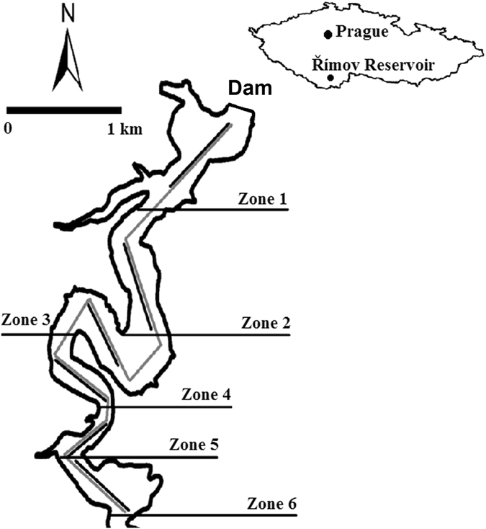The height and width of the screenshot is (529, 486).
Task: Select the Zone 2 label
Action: pos(266,324)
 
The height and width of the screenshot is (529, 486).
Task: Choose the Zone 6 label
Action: pos(271,503)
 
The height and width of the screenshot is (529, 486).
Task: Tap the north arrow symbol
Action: pos(68,61)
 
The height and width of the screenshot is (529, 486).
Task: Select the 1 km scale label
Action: pos(125,130)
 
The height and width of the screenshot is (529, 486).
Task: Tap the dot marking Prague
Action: pos(328,33)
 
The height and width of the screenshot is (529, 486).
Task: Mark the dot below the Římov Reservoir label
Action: pos(330,78)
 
